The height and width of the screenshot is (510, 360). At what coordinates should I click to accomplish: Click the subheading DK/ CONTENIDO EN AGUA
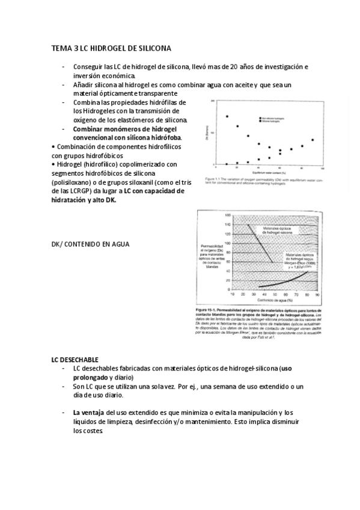[91, 245]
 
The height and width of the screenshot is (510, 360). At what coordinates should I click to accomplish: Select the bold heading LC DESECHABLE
[75, 359]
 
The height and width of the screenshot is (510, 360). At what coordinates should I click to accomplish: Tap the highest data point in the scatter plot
[227, 116]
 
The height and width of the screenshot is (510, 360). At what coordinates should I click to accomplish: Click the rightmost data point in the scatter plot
[313, 140]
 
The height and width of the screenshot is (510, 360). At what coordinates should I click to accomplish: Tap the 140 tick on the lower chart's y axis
[227, 225]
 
